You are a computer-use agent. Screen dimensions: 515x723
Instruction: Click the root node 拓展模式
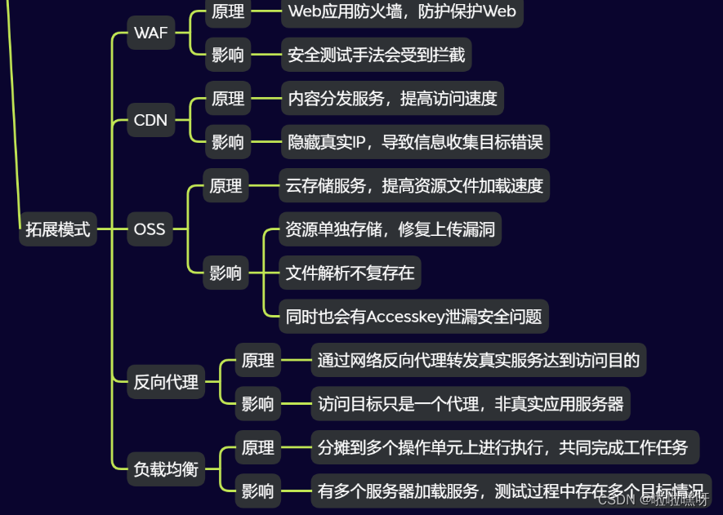57,229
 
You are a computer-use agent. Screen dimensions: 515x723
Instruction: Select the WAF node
151,33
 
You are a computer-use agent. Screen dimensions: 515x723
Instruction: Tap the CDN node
150,121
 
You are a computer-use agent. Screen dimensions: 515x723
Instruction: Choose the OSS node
150,229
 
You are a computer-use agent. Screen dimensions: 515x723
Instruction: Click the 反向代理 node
167,381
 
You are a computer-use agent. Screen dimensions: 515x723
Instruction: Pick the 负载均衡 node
167,468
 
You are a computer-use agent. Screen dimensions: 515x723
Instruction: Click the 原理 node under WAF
228,11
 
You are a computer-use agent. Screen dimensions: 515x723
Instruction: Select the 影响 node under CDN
228,142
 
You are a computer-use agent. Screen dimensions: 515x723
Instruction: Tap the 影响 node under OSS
226,273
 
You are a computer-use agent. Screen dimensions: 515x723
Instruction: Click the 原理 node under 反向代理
258,360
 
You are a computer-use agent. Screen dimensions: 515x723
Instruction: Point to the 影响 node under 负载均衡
258,491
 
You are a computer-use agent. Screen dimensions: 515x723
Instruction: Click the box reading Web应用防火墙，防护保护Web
402,11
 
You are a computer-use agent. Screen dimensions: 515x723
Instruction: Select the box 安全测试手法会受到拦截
377,55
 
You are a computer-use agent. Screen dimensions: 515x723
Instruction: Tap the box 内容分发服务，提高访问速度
392,99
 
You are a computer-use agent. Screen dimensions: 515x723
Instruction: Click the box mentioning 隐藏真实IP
414,142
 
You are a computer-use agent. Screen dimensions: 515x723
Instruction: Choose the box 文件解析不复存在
350,273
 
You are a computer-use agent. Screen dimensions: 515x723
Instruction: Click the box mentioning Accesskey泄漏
413,317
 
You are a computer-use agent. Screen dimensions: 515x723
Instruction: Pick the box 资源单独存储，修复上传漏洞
390,229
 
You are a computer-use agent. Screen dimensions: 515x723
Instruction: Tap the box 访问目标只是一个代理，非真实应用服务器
471,403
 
